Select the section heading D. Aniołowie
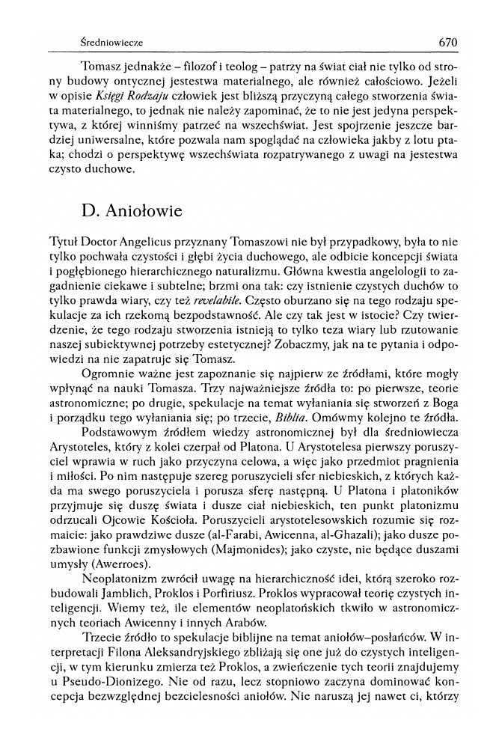[132, 210]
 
